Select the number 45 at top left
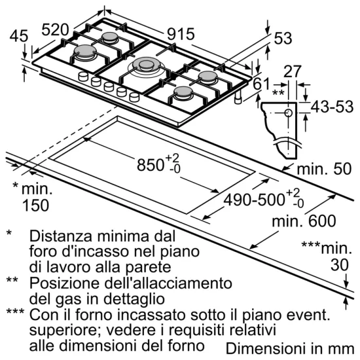(x=18, y=37)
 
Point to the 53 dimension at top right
(x=282, y=39)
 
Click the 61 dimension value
(x=261, y=83)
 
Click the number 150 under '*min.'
(x=35, y=206)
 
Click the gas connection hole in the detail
(x=287, y=114)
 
